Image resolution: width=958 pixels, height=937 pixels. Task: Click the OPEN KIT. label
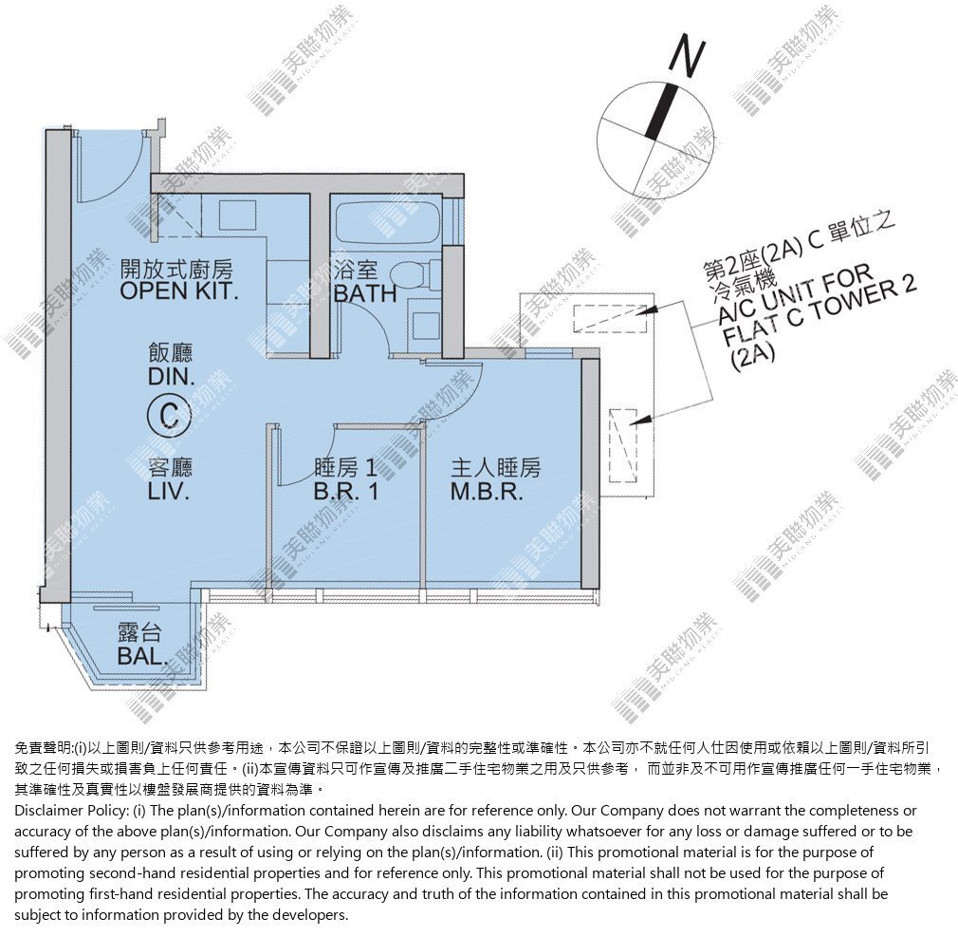point(178,291)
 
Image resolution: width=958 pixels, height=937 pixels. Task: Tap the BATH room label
point(365,294)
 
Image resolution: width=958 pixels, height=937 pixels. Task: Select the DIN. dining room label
point(171,377)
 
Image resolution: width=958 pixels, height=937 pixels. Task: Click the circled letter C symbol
point(169,416)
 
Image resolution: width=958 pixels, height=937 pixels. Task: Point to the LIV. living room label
point(169,491)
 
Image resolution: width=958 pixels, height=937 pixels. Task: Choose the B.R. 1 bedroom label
point(346,491)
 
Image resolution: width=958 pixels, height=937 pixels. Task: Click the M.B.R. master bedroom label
point(487,491)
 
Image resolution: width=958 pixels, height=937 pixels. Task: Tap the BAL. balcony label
point(142,656)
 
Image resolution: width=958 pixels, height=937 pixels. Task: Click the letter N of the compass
point(688,58)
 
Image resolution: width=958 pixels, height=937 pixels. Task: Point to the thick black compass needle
point(662,111)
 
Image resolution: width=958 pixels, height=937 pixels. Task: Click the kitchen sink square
point(237,215)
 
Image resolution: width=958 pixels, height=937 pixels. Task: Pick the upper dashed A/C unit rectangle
point(610,318)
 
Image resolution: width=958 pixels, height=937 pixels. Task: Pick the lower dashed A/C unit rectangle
point(623,445)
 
